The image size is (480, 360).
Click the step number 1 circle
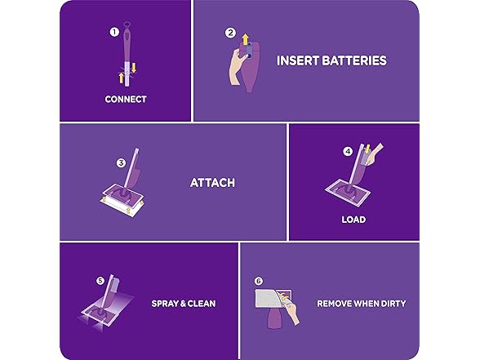point(114,32)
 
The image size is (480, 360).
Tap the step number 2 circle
point(230,33)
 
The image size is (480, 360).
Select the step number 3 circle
point(121,162)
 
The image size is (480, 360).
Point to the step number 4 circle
point(348,151)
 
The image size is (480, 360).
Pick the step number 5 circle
point(100,281)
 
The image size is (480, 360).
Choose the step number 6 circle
point(259,281)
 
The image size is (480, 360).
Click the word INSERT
point(295,60)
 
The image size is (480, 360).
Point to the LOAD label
point(353,219)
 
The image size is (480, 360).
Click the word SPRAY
point(166,304)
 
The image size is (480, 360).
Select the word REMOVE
point(336,304)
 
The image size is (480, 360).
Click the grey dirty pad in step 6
point(273,300)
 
